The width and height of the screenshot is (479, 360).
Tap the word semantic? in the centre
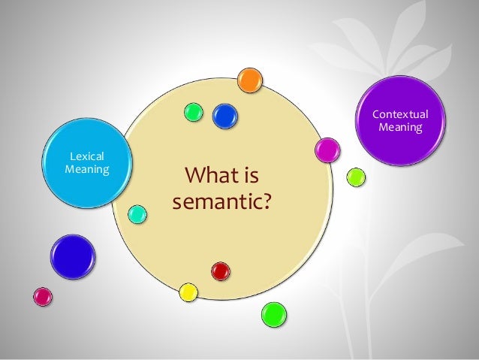coord(221,203)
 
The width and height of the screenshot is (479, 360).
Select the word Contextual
coord(400,115)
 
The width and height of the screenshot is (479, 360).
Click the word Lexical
coord(86,156)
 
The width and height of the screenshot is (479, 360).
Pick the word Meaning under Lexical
coord(86,168)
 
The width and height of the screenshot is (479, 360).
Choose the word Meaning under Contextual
coord(400,128)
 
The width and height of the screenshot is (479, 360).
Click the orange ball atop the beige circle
coord(249,79)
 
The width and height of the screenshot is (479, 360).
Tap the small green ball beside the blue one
coord(194,112)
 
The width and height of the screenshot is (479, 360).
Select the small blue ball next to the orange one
coord(224,115)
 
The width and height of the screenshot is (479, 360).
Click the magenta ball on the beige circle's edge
coord(327,150)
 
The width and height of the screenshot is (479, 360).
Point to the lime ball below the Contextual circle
coord(356,177)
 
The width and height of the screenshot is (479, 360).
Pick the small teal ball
coord(137,213)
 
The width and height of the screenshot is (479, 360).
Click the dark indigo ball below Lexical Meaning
coord(73,256)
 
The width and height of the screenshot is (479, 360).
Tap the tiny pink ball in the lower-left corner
coord(44,297)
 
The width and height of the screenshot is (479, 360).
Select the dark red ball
coord(220,271)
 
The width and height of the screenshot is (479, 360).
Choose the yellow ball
coord(188,292)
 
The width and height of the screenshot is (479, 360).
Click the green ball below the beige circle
coord(273,315)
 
